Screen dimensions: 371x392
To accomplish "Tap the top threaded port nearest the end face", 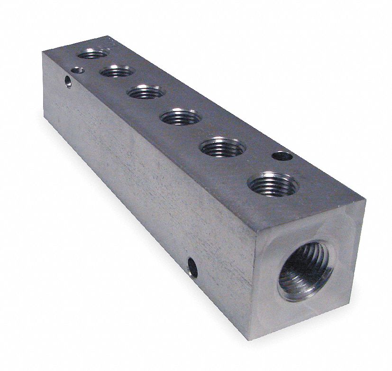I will [273, 184].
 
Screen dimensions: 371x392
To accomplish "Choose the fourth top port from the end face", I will [146, 91].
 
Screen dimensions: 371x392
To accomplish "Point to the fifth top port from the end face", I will [117, 72].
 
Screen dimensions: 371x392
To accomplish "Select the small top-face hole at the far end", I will [76, 70].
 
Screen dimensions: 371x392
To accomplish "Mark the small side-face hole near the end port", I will [192, 267].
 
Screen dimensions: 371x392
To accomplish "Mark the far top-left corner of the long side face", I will [43, 53].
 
